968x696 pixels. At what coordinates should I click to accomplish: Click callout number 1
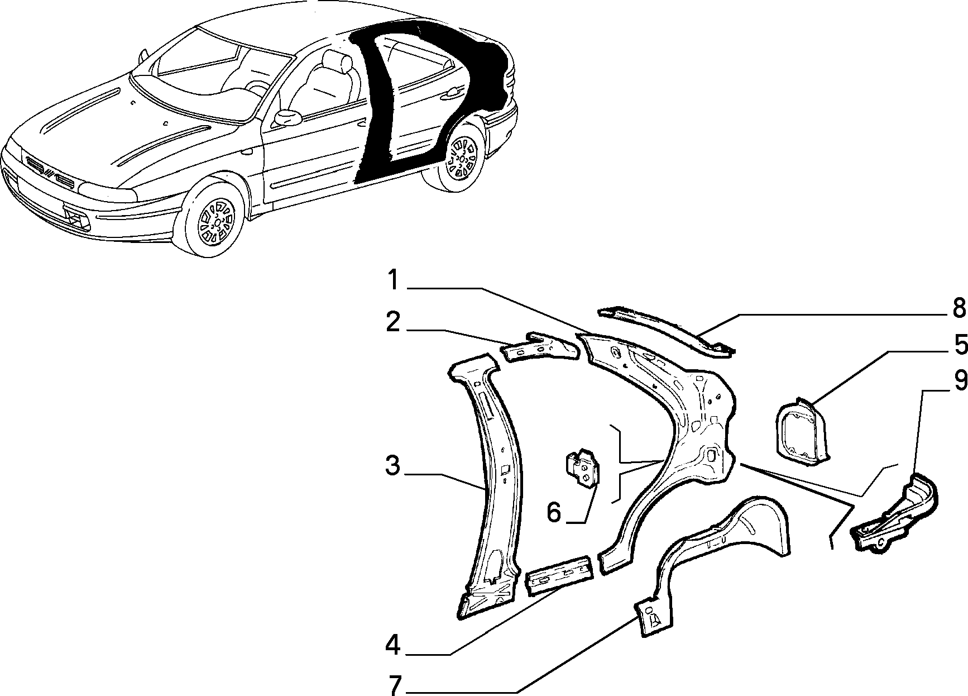[394, 281]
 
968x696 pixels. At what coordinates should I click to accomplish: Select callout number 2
[394, 323]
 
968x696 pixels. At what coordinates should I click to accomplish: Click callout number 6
[554, 512]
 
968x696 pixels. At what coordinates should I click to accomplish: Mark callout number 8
[959, 308]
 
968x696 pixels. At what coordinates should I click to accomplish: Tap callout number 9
[960, 382]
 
